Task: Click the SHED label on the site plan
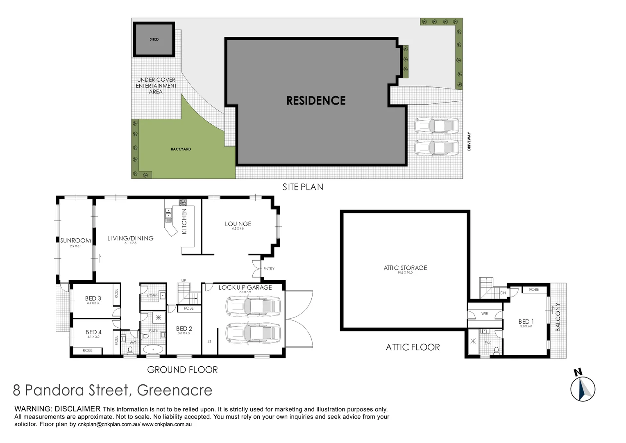pyautogui.click(x=154, y=39)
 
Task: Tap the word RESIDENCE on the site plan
pyautogui.click(x=316, y=100)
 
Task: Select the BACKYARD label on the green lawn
pyautogui.click(x=181, y=149)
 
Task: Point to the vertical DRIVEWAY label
pyautogui.click(x=469, y=142)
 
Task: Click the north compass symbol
pyautogui.click(x=583, y=388)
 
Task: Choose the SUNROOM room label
pyautogui.click(x=75, y=241)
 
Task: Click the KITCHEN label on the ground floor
pyautogui.click(x=184, y=221)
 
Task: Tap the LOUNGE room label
pyautogui.click(x=238, y=224)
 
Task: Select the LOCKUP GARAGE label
pyautogui.click(x=245, y=288)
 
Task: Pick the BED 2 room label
pyautogui.click(x=184, y=329)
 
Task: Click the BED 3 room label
pyautogui.click(x=93, y=299)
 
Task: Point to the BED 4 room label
pyautogui.click(x=93, y=332)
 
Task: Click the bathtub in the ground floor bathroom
pyautogui.click(x=153, y=350)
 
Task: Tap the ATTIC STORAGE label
pyautogui.click(x=405, y=268)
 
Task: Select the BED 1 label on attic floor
pyautogui.click(x=526, y=322)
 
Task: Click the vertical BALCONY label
pyautogui.click(x=558, y=317)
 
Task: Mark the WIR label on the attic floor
pyautogui.click(x=485, y=313)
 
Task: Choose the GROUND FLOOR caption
pyautogui.click(x=182, y=370)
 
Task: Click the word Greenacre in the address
pyautogui.click(x=175, y=390)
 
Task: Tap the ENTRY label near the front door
pyautogui.click(x=269, y=269)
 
